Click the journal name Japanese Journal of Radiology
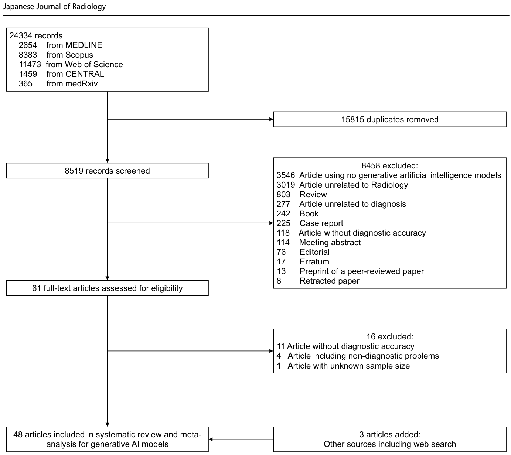(x=54, y=7)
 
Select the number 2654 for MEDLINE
(x=28, y=45)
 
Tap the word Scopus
(x=79, y=55)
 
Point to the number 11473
(x=30, y=65)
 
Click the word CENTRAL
(x=85, y=74)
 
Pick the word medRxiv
(x=81, y=84)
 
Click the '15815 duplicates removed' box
(x=390, y=119)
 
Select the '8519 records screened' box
(x=107, y=171)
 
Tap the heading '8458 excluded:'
(x=390, y=165)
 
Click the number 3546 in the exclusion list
(x=286, y=175)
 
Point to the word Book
(x=309, y=214)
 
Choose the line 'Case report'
(x=321, y=223)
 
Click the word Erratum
(x=314, y=261)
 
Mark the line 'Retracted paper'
(x=330, y=281)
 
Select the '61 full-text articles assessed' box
(x=107, y=288)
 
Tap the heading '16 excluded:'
(x=390, y=336)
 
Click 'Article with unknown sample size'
(x=348, y=366)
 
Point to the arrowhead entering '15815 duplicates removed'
(x=272, y=119)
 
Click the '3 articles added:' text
(x=390, y=434)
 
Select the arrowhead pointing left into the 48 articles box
(x=211, y=439)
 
